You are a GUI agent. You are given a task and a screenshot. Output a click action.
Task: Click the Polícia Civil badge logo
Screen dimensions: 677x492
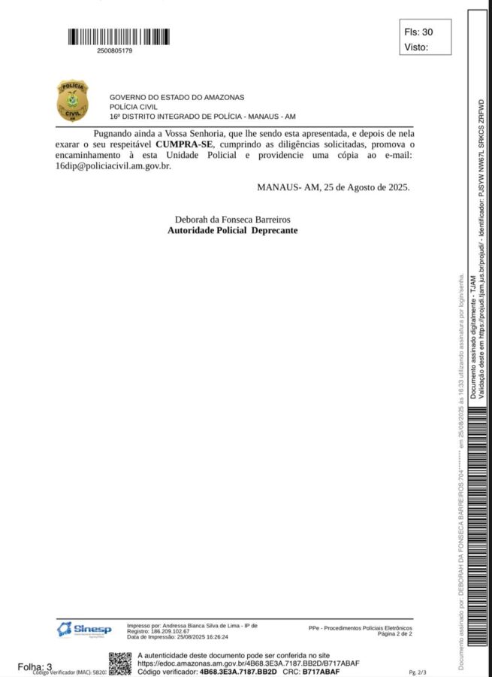(x=72, y=101)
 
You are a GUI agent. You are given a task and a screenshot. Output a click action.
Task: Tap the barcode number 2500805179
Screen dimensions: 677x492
(x=115, y=51)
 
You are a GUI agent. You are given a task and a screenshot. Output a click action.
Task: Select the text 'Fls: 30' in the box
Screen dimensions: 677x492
(x=418, y=32)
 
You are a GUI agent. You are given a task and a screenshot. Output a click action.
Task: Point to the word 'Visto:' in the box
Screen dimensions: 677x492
(x=416, y=47)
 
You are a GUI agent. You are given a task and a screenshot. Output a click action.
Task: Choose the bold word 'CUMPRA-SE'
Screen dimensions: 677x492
(x=184, y=143)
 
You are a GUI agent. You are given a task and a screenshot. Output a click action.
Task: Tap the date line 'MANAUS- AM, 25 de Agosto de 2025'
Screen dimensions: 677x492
(x=334, y=187)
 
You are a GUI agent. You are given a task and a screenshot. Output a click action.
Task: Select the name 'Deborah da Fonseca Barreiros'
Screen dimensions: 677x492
(x=232, y=219)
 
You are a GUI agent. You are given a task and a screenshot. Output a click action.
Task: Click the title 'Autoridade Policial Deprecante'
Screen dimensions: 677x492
(x=232, y=230)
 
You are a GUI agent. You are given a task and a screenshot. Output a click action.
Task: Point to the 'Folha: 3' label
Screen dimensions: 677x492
(x=35, y=666)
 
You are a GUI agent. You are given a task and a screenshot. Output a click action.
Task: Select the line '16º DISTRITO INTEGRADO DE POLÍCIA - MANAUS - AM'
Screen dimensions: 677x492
(x=203, y=117)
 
